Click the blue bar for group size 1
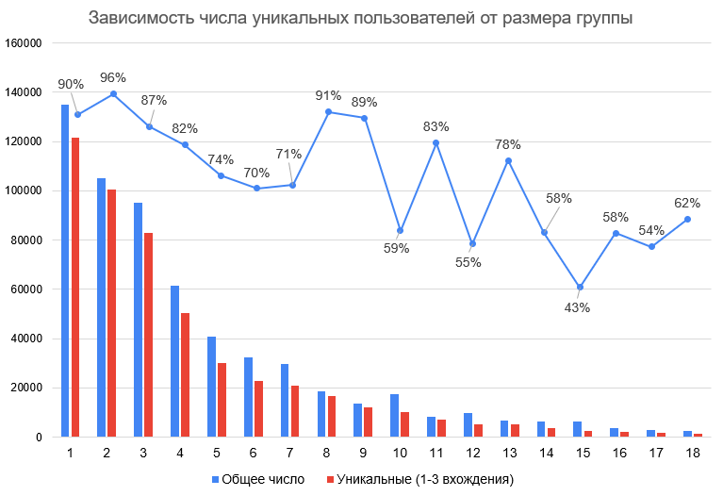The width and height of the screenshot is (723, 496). [65, 271]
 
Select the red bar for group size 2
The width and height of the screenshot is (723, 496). [111, 313]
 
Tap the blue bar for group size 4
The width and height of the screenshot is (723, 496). [174, 361]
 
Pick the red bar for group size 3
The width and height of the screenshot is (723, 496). [148, 335]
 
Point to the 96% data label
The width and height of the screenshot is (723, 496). [113, 78]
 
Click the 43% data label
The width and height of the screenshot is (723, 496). [578, 307]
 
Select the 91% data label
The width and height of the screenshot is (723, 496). [329, 94]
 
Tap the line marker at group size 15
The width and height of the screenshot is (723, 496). [581, 287]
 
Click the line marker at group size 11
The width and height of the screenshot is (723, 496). [436, 142]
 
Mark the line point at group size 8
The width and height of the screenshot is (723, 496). [328, 112]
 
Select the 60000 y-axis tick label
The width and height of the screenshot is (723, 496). [26, 289]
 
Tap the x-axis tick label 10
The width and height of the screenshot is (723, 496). [400, 454]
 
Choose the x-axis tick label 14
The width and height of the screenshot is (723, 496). [544, 454]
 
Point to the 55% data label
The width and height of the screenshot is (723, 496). [468, 262]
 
